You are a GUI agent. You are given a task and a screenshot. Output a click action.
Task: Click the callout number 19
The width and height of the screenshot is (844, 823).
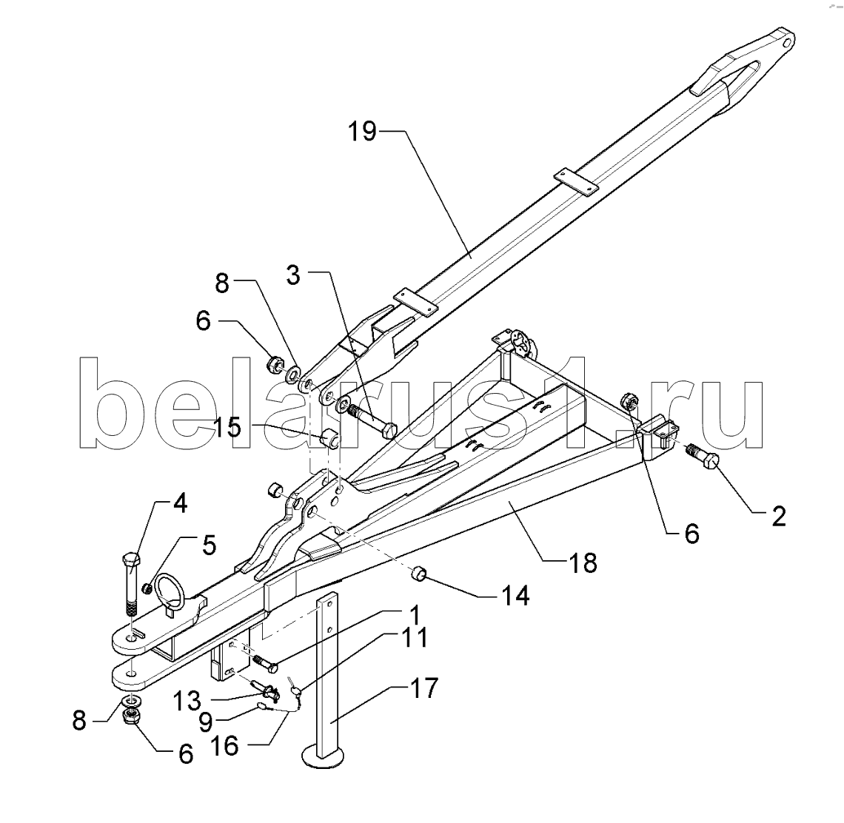point(362,131)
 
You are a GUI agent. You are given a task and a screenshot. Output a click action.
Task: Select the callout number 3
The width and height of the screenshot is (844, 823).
point(293,275)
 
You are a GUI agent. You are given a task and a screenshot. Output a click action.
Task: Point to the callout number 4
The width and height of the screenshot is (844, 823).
point(180,504)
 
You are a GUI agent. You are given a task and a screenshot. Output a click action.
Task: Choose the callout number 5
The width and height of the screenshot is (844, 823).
point(209,545)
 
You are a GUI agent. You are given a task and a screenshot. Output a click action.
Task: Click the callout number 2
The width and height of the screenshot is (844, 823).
point(778,516)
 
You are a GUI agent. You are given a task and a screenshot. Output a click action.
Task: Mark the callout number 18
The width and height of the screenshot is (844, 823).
point(583,563)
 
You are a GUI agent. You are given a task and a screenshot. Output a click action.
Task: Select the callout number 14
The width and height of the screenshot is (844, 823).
point(515,596)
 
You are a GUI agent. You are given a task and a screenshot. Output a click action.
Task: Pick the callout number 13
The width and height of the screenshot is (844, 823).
point(187,701)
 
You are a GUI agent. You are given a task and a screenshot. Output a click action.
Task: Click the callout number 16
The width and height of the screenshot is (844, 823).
point(224,746)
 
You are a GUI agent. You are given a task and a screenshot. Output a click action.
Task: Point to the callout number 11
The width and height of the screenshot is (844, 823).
point(414,637)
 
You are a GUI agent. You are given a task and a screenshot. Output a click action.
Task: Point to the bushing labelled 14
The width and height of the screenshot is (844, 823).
point(418,574)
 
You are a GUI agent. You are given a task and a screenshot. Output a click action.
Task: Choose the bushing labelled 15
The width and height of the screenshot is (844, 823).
point(330,439)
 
